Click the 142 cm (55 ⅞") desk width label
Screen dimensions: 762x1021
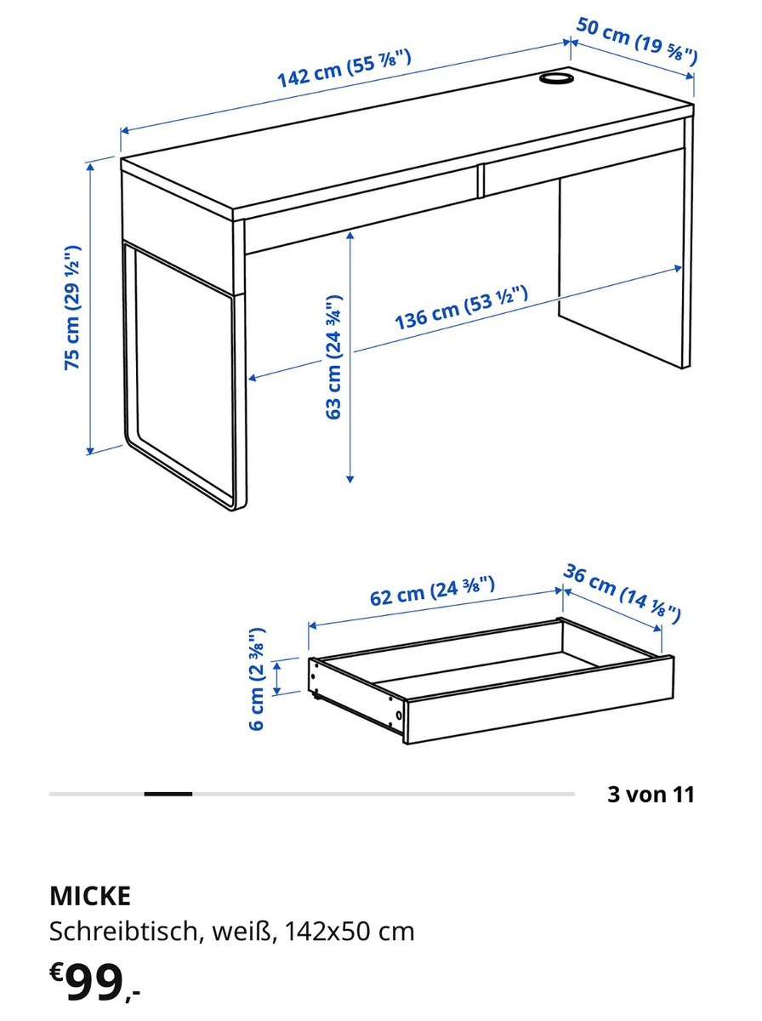(x=344, y=69)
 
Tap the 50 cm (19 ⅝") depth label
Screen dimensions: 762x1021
(x=636, y=41)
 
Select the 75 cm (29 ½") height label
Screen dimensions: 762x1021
(x=73, y=307)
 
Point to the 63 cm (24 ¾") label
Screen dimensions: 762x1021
(x=334, y=356)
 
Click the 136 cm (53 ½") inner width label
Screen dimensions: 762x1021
(x=461, y=308)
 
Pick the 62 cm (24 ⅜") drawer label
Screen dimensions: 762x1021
(x=432, y=590)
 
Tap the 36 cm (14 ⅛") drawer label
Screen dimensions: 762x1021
(x=622, y=594)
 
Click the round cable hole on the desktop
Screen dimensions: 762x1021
(x=555, y=77)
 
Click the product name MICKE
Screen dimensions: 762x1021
(x=90, y=896)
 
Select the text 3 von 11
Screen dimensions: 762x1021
(x=651, y=794)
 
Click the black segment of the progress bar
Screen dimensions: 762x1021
(x=168, y=794)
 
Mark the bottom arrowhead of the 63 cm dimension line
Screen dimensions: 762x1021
(x=350, y=479)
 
